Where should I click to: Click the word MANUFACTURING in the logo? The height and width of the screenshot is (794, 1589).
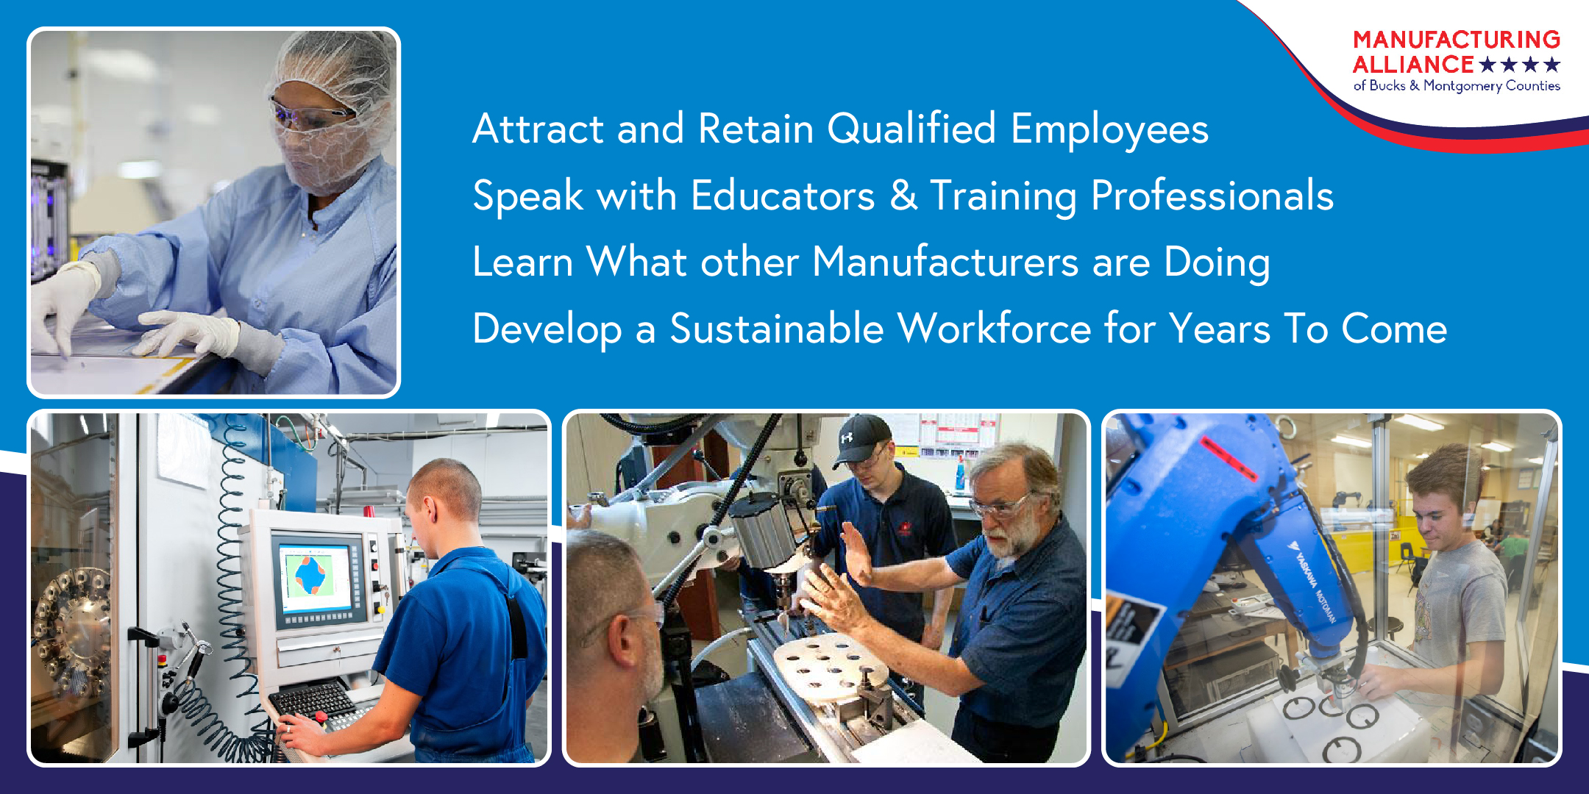pyautogui.click(x=1457, y=39)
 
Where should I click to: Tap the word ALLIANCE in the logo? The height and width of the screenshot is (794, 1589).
pyautogui.click(x=1413, y=65)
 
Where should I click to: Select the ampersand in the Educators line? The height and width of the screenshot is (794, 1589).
pyautogui.click(x=903, y=196)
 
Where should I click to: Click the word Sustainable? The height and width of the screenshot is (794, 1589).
pyautogui.click(x=776, y=328)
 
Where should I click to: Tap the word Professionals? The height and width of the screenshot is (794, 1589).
pyautogui.click(x=1212, y=196)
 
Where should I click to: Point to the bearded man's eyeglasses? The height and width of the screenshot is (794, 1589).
pyautogui.click(x=999, y=507)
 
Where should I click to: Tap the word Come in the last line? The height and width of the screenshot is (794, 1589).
pyautogui.click(x=1394, y=329)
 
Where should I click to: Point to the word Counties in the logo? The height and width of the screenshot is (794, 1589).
pyautogui.click(x=1533, y=86)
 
